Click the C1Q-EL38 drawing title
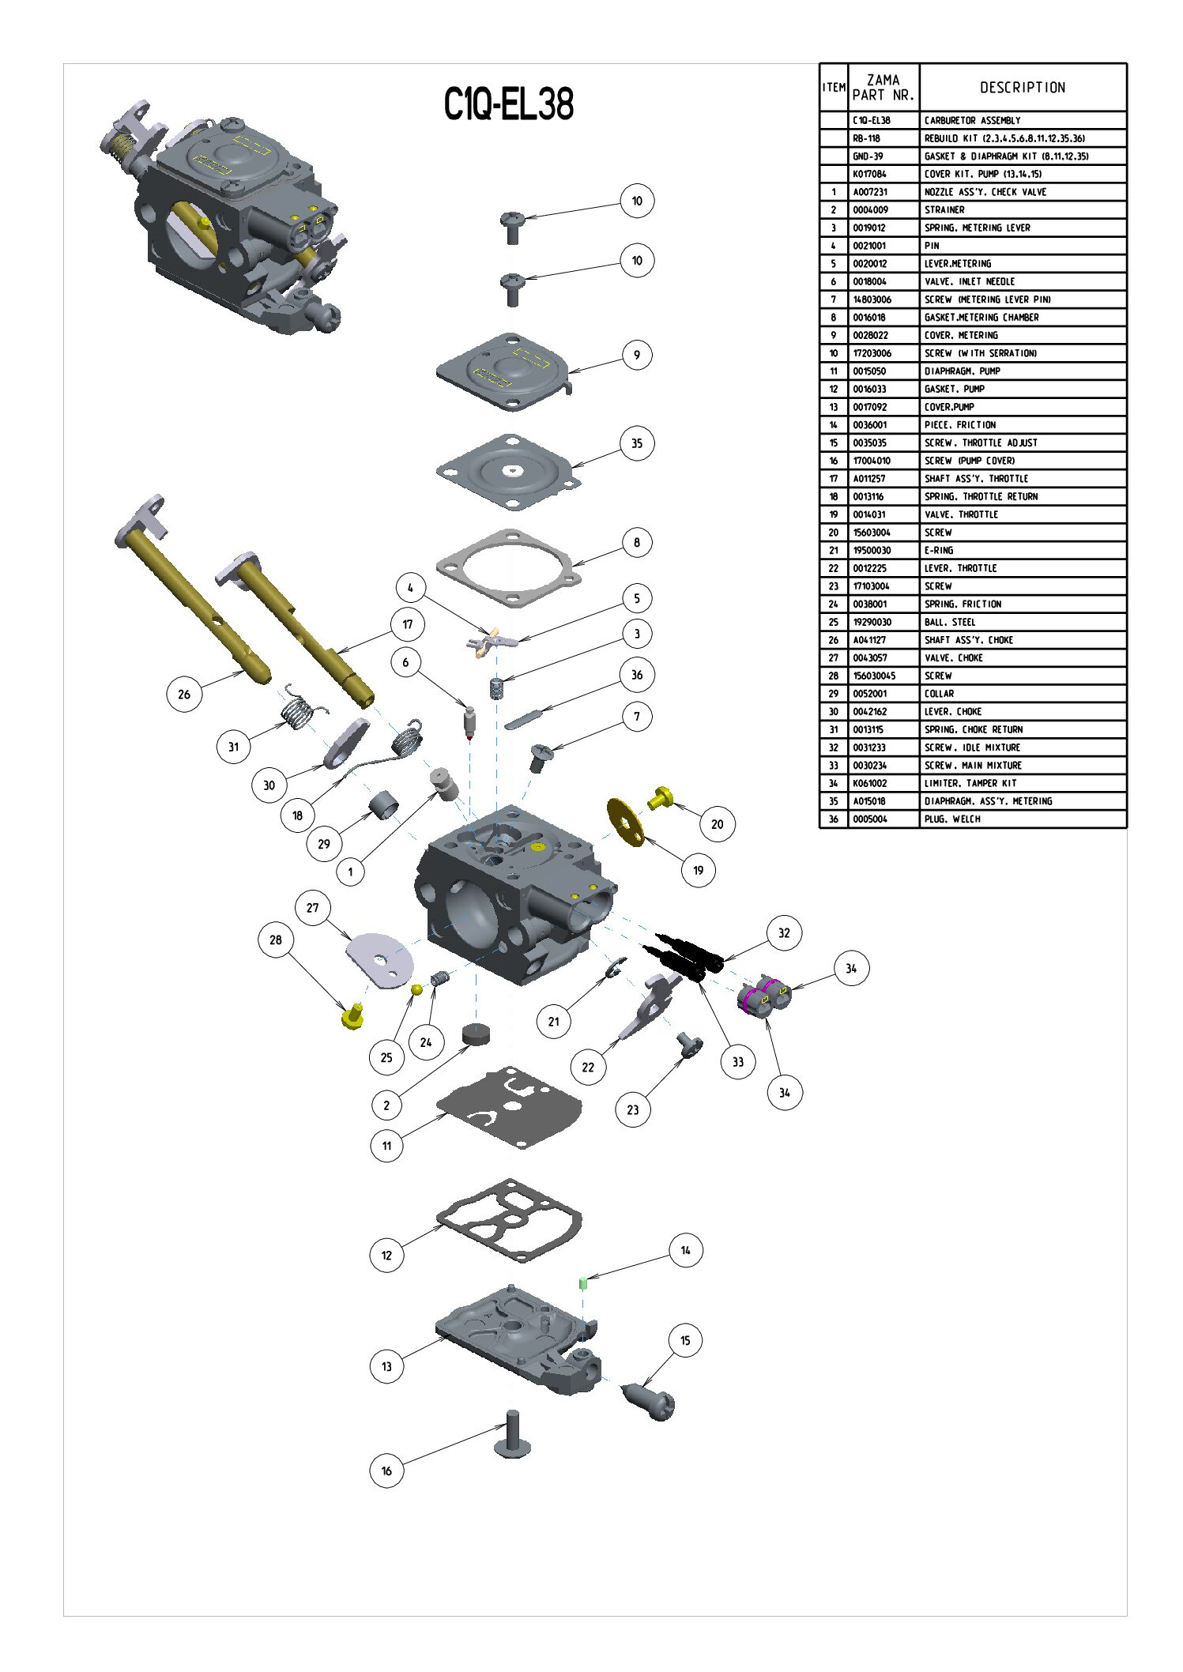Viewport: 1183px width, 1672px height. (x=508, y=104)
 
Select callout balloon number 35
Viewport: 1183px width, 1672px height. (x=637, y=443)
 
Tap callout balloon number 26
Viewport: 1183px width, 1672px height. (x=184, y=694)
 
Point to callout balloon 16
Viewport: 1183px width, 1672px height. (x=386, y=1471)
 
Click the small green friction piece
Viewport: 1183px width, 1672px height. (x=583, y=1282)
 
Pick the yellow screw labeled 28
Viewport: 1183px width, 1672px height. (x=352, y=1016)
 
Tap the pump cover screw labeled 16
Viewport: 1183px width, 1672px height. (x=513, y=1433)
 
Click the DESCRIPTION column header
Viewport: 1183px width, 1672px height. (x=1023, y=88)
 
